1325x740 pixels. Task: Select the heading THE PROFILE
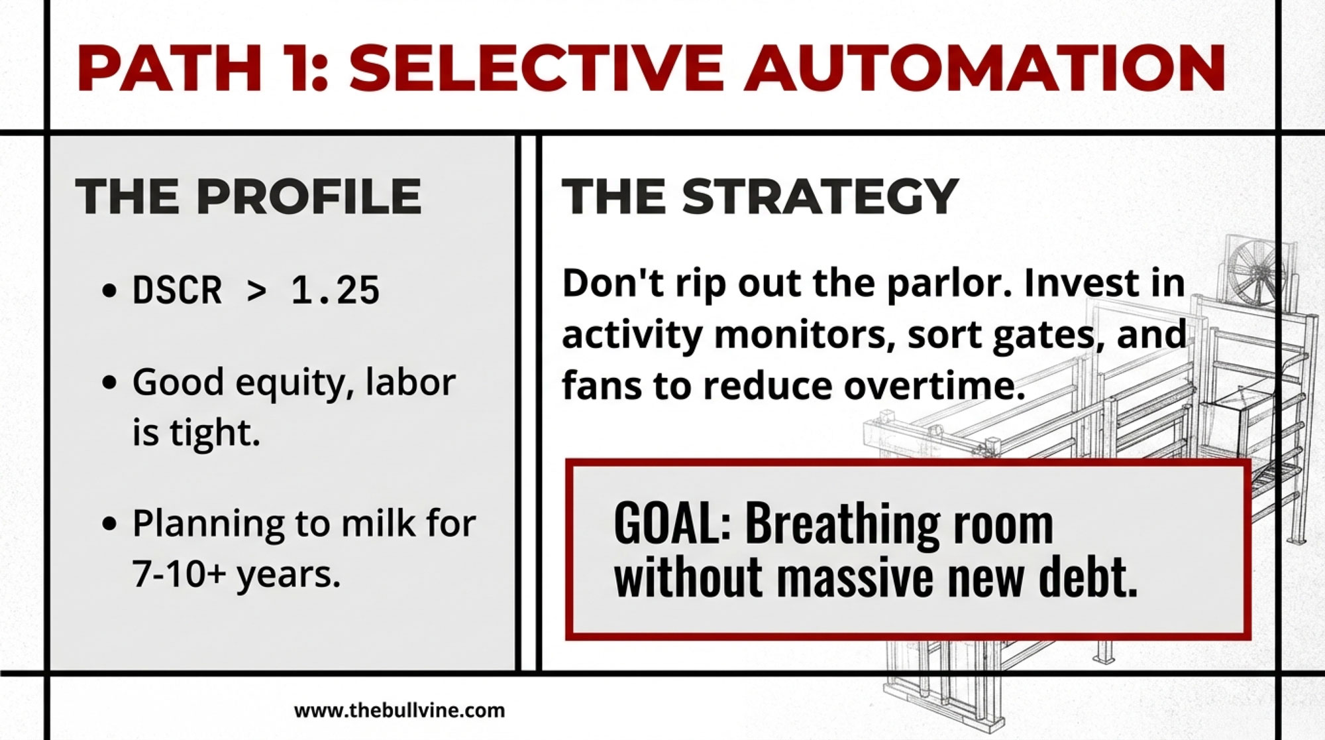tap(248, 196)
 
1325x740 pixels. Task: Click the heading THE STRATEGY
tap(760, 196)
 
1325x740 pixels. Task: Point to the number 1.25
tap(335, 290)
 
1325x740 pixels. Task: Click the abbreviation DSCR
tap(177, 290)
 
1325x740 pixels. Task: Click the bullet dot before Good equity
tap(110, 383)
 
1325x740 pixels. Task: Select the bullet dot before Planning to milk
tap(110, 524)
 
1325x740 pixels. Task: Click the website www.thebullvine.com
tap(399, 711)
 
